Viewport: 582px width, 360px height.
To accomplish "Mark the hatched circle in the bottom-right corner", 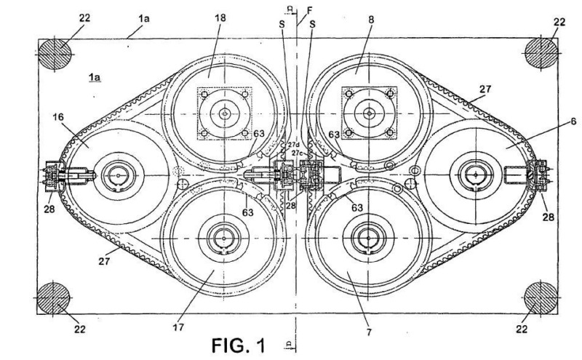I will pos(541,297).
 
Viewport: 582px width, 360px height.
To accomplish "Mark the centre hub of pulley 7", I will pos(367,237).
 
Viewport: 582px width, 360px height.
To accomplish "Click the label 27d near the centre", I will pos(293,145).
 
